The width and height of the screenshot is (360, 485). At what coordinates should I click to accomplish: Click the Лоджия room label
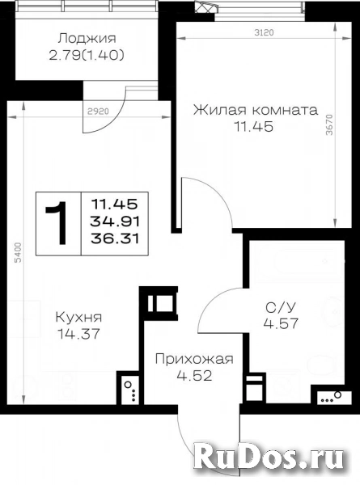point(87,38)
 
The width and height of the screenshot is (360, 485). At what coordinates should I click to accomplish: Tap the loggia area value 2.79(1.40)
point(87,55)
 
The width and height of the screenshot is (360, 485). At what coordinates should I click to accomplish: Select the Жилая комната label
point(256,110)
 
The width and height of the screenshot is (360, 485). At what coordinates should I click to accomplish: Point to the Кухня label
point(78,317)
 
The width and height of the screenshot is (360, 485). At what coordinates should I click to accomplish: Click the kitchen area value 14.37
point(78,333)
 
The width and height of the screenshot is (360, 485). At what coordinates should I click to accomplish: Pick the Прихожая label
point(194,360)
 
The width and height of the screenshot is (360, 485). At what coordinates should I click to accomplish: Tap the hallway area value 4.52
point(194,376)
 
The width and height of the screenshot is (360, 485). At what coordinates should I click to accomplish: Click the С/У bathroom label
point(281,307)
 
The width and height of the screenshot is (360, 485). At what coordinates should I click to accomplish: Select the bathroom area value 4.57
point(281,323)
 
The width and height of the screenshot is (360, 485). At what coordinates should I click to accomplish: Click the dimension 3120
point(264,32)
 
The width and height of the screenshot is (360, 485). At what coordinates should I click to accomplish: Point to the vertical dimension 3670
point(329,124)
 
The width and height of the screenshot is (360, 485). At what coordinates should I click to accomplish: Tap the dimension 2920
point(98,111)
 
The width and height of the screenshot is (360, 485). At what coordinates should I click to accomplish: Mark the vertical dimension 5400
point(19,253)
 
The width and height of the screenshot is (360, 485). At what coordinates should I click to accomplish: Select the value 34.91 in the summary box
point(115,221)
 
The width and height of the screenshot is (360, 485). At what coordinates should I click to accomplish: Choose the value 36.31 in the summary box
point(115,238)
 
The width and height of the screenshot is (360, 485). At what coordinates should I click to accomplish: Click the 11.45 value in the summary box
point(115,204)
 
